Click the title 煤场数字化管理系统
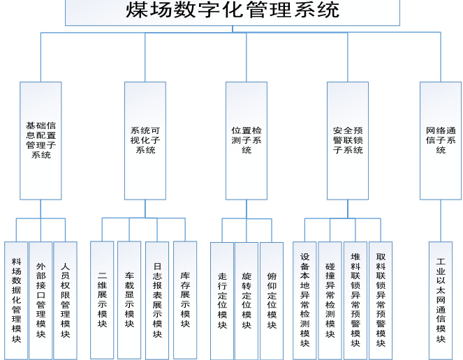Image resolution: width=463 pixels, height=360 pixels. point(233,11)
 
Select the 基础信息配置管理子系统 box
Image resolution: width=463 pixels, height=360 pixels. point(41,140)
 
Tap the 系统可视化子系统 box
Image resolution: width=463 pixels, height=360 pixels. point(145,140)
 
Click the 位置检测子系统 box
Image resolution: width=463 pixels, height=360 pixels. point(247,140)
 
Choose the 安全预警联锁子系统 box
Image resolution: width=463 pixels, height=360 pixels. point(348,140)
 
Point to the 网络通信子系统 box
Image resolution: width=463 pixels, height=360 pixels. point(441,140)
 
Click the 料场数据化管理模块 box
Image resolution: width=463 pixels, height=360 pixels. point(16,300)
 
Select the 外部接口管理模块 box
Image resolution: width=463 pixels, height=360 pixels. point(41,300)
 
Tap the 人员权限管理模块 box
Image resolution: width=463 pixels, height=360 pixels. point(65,300)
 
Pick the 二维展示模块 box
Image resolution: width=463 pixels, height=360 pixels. point(102,300)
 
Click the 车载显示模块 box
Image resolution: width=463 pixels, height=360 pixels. point(129,300)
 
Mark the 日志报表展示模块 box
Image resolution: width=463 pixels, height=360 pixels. point(157,300)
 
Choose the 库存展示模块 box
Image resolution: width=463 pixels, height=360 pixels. point(185,300)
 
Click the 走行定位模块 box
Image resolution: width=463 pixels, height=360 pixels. point(222,301)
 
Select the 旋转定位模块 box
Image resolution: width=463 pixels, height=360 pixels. point(247,301)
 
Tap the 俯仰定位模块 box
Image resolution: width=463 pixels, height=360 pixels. point(272,301)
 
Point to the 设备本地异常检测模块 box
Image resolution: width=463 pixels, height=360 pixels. point(304,300)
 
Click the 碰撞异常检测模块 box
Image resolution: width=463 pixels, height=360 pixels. point(330,300)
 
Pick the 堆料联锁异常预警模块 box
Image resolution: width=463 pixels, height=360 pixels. point(355,300)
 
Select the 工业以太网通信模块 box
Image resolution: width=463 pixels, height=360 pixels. point(441,300)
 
